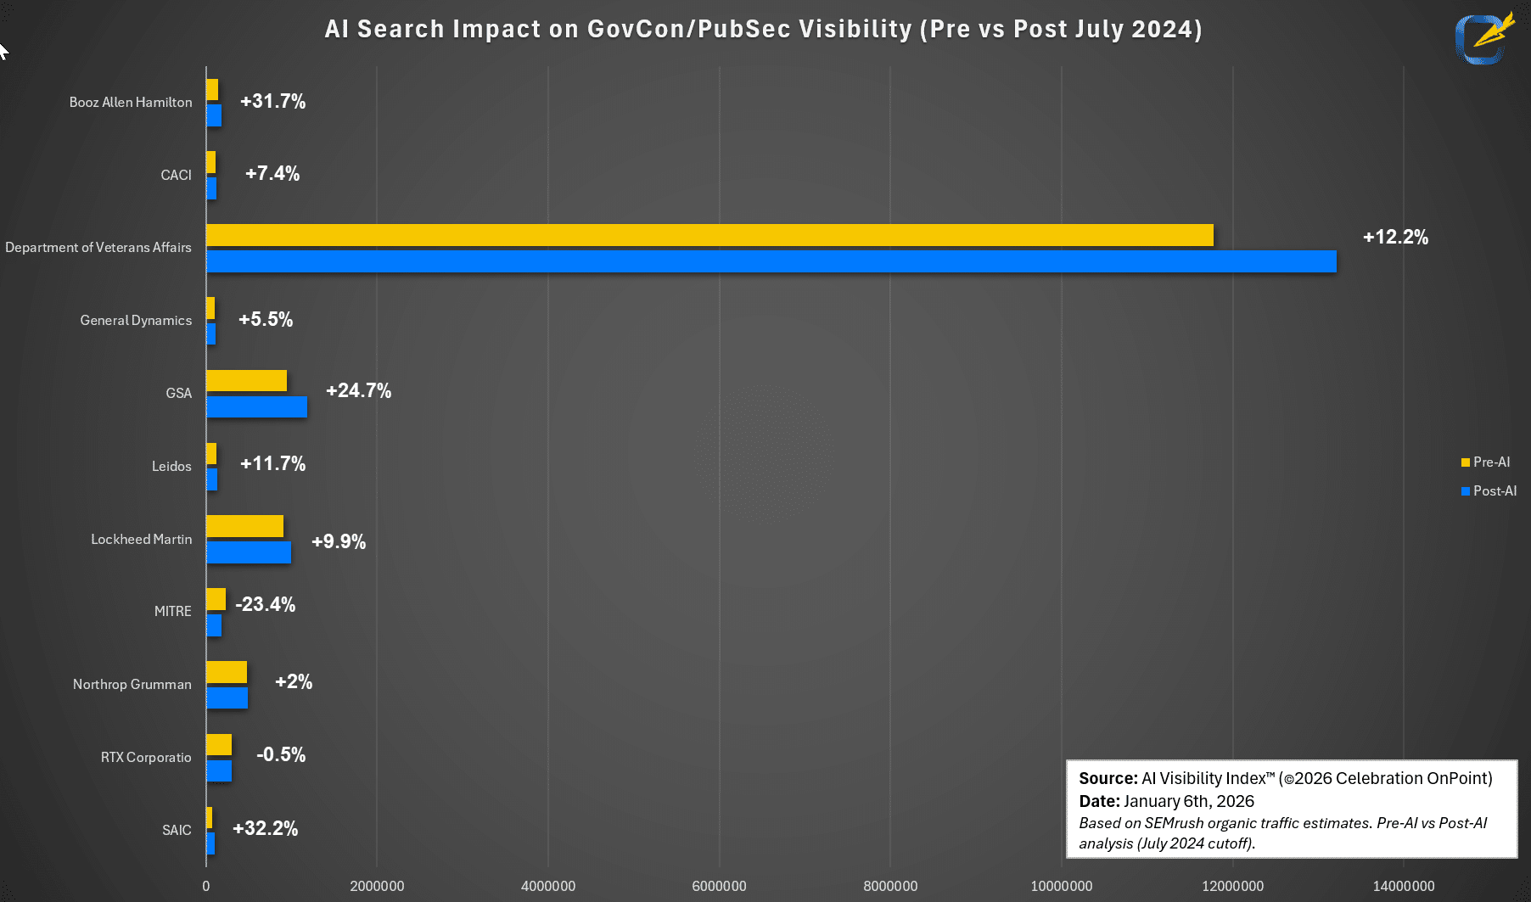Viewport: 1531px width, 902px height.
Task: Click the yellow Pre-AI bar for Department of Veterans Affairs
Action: pyautogui.click(x=709, y=235)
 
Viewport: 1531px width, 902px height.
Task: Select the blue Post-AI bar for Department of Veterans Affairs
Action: pyautogui.click(x=771, y=261)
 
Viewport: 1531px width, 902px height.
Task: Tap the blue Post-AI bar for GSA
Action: pyautogui.click(x=256, y=407)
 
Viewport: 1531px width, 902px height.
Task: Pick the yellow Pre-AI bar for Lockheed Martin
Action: pyautogui.click(x=244, y=526)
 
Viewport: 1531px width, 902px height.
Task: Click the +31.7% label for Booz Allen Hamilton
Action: pyautogui.click(x=272, y=101)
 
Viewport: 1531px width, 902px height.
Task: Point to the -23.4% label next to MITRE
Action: pyautogui.click(x=265, y=604)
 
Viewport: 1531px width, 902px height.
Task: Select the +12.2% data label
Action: pyautogui.click(x=1395, y=237)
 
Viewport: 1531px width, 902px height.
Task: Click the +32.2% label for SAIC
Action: pyautogui.click(x=265, y=828)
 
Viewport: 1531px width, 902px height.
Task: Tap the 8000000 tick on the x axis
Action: pyautogui.click(x=890, y=886)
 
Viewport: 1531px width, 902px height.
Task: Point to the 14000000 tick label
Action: pyautogui.click(x=1404, y=886)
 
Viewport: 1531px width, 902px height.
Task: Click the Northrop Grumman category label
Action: pyautogui.click(x=132, y=684)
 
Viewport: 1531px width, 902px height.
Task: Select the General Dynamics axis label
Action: pyautogui.click(x=136, y=320)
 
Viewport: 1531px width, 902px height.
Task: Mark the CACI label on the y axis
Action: pyautogui.click(x=176, y=175)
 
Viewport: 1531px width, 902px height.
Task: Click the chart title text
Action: pyautogui.click(x=763, y=29)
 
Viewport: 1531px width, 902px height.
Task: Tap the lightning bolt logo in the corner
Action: pyautogui.click(x=1485, y=37)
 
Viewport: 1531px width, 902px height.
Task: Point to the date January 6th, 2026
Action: pyautogui.click(x=1188, y=801)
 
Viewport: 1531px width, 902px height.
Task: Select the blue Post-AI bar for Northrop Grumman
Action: pyautogui.click(x=227, y=698)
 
